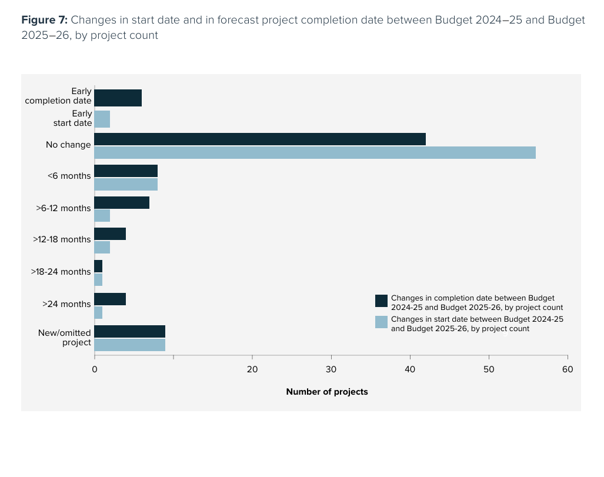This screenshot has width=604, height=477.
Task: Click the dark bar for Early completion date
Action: click(118, 98)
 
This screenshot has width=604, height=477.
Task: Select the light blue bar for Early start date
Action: click(102, 119)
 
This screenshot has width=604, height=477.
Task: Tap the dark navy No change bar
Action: click(259, 139)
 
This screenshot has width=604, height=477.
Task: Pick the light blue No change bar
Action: click(315, 153)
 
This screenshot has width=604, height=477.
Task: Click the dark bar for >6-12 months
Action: click(122, 202)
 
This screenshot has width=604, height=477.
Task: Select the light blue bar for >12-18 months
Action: click(102, 247)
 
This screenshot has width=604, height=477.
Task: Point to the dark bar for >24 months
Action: click(110, 299)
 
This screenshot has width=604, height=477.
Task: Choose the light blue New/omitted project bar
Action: click(129, 345)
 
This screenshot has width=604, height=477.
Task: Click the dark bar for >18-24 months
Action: click(98, 266)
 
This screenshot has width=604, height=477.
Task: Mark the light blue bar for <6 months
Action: click(126, 184)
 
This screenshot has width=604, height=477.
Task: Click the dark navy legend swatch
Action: click(381, 301)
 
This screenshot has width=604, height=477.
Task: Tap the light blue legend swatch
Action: click(381, 322)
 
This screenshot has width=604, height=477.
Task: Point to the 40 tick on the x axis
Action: click(410, 369)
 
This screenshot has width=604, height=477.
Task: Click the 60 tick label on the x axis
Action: click(568, 369)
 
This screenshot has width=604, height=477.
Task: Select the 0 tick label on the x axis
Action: click(95, 369)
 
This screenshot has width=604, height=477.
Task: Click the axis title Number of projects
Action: click(326, 392)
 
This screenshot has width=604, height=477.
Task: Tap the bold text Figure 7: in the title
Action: click(45, 20)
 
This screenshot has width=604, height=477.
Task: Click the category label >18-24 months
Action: click(61, 272)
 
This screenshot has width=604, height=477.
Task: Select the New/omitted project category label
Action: click(65, 338)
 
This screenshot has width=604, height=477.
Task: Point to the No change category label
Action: click(68, 145)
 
